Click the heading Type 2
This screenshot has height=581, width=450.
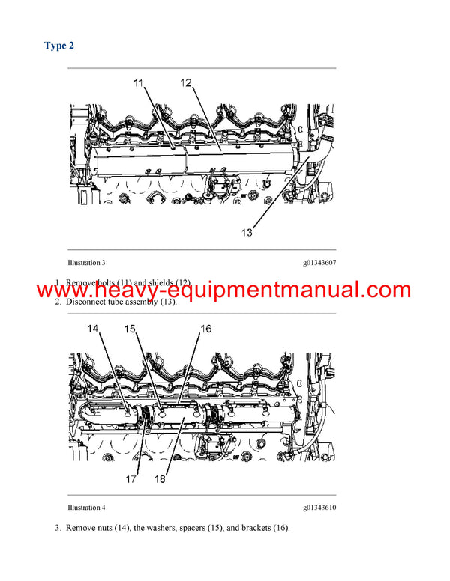click(59, 46)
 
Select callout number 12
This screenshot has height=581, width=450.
click(186, 83)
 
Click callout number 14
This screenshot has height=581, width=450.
click(94, 329)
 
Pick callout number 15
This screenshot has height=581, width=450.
click(131, 329)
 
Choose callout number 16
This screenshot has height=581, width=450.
click(205, 329)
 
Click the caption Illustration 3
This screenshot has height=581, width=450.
click(86, 263)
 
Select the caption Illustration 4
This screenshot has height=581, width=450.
click(86, 508)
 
